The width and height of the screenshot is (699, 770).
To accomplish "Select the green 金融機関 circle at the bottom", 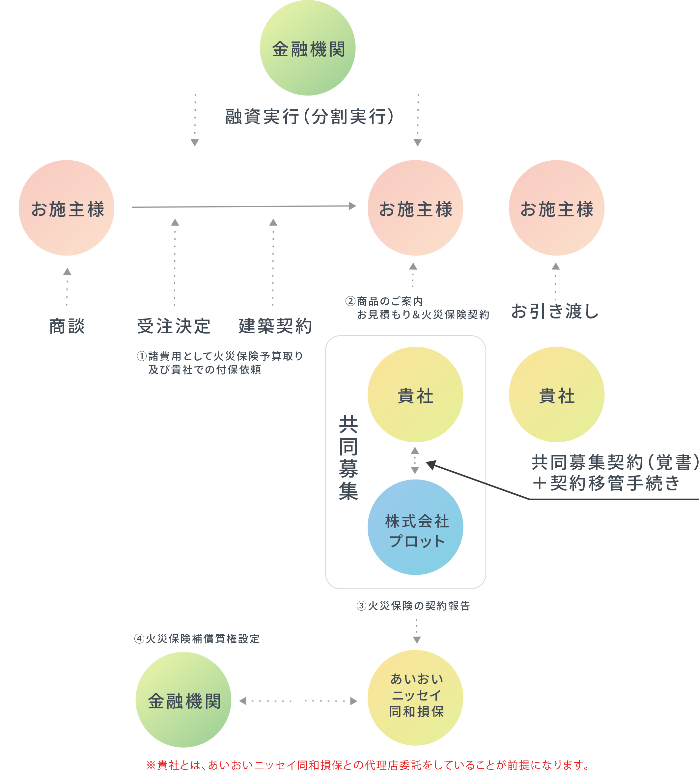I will [183, 700].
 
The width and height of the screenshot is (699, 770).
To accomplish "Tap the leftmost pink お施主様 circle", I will [67, 208].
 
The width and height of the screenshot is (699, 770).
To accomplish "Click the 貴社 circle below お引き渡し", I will [556, 395].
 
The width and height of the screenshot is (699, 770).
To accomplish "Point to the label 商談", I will [67, 326].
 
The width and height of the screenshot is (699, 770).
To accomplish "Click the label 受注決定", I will [174, 326].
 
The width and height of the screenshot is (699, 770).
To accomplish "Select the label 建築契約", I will [275, 326].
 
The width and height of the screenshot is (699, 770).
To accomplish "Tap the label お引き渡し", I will [555, 311].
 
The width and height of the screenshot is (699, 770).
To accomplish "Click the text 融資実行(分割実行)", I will [309, 117].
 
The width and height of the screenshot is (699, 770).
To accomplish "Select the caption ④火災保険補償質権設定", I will [197, 639].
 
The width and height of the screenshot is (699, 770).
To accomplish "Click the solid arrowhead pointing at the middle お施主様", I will [352, 206].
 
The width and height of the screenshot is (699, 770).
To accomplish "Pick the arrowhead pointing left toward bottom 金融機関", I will [242, 701].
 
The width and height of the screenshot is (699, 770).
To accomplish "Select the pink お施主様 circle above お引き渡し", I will [556, 208].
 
